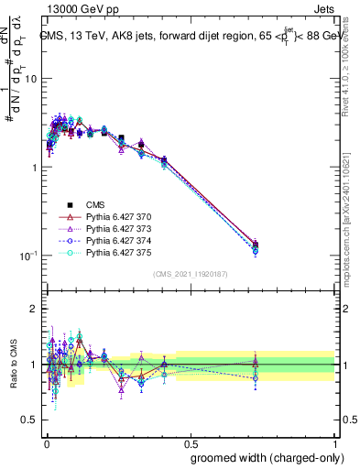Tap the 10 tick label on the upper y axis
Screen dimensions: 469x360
pyautogui.click(x=30, y=79)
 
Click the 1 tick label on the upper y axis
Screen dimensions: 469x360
pyautogui.click(x=34, y=168)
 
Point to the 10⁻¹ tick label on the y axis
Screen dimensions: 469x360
pyautogui.click(x=28, y=256)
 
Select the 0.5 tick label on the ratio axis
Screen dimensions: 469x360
pyautogui.click(x=30, y=420)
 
